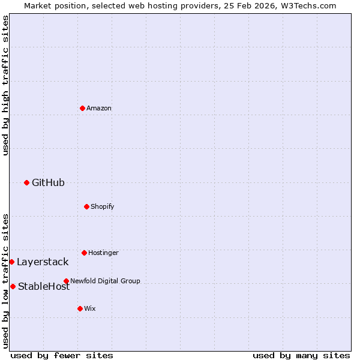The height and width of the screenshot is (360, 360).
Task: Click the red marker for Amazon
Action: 82,108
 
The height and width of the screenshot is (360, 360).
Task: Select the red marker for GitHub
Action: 26,182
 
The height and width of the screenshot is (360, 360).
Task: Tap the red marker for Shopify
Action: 86,206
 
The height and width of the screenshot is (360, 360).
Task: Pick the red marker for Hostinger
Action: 84,253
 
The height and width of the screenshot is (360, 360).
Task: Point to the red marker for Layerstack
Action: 11,262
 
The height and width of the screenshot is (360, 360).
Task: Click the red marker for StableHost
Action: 13,286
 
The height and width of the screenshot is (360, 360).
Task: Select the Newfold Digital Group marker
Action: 66,281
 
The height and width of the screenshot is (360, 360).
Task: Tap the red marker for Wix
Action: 80,308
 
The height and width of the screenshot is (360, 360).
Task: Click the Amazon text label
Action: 99,108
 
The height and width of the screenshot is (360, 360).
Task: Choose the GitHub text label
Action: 48,182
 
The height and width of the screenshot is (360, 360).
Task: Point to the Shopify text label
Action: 103,206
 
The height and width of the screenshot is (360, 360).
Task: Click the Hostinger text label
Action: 103,253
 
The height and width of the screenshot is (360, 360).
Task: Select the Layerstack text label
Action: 43,262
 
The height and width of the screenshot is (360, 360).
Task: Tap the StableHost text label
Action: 44,286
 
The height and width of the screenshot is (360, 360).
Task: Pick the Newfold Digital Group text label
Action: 105,281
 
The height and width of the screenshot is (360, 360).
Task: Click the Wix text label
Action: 90,308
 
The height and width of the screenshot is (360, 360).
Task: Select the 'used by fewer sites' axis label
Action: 62,355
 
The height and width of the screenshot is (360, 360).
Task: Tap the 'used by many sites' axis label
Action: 301,355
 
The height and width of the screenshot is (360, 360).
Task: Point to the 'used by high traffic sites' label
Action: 5,85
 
